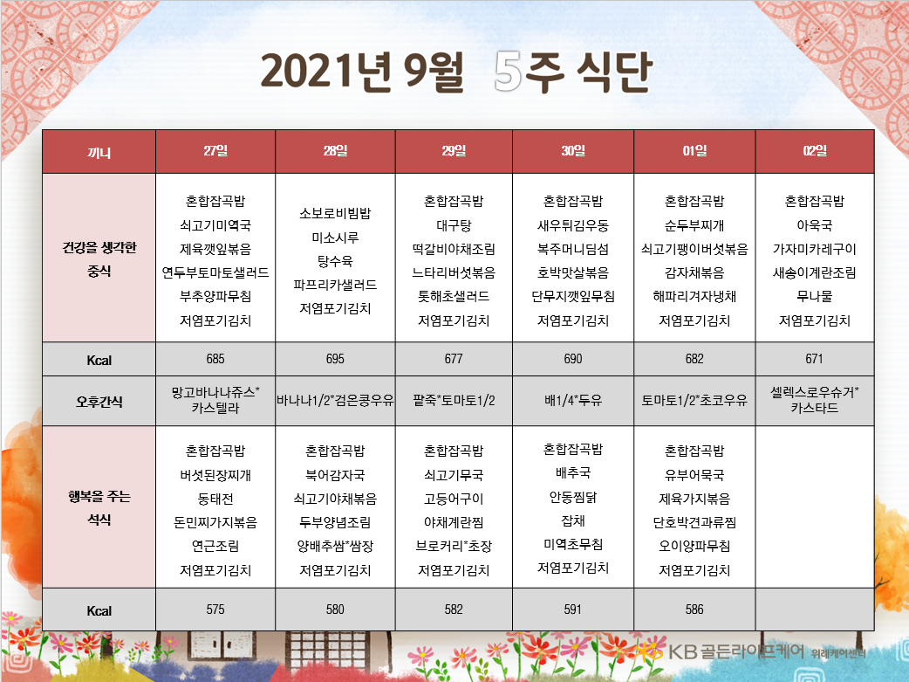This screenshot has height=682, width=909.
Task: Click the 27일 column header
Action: [x=215, y=151]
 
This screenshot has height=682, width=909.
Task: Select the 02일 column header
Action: [x=815, y=151]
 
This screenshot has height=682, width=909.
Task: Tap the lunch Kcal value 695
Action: [x=335, y=359]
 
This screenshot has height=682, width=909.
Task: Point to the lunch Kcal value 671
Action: [x=814, y=359]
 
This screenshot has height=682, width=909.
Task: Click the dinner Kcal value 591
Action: [x=573, y=609]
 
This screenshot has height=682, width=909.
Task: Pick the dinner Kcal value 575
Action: [x=215, y=609]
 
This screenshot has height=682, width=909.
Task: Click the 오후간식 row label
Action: [x=99, y=401]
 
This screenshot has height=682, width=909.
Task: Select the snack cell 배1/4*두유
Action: [x=573, y=400]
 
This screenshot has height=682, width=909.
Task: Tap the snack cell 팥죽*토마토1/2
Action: [x=454, y=400]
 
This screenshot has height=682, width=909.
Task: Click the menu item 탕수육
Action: [x=335, y=261]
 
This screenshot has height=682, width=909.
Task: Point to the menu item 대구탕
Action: [x=454, y=225]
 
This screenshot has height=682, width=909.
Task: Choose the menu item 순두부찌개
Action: [x=694, y=225]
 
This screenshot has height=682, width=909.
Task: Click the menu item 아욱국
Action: [x=815, y=225]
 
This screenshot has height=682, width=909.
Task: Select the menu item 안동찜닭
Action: [x=573, y=497]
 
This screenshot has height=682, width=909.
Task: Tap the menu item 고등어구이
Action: [x=454, y=499]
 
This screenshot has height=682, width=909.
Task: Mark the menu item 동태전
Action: [x=215, y=499]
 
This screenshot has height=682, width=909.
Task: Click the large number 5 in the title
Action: [x=508, y=72]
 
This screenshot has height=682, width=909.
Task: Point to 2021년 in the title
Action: [x=325, y=72]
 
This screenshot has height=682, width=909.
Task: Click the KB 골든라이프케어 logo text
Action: [x=736, y=651]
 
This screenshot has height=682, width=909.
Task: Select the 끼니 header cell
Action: [x=99, y=153]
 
